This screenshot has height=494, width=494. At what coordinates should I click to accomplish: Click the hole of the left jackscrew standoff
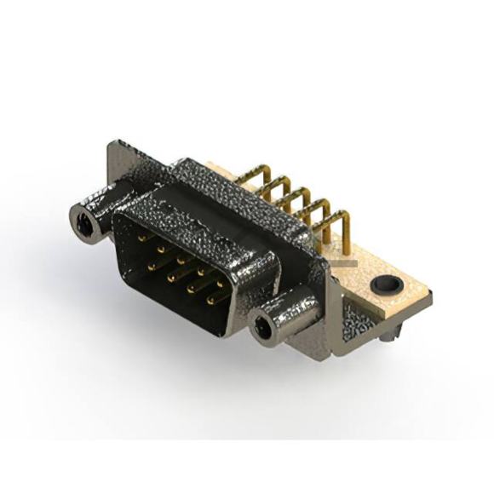84,225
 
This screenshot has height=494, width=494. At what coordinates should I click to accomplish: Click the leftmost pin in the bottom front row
151,266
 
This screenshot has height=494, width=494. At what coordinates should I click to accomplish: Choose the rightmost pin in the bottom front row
210,299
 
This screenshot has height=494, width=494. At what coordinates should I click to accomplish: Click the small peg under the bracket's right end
388,340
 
